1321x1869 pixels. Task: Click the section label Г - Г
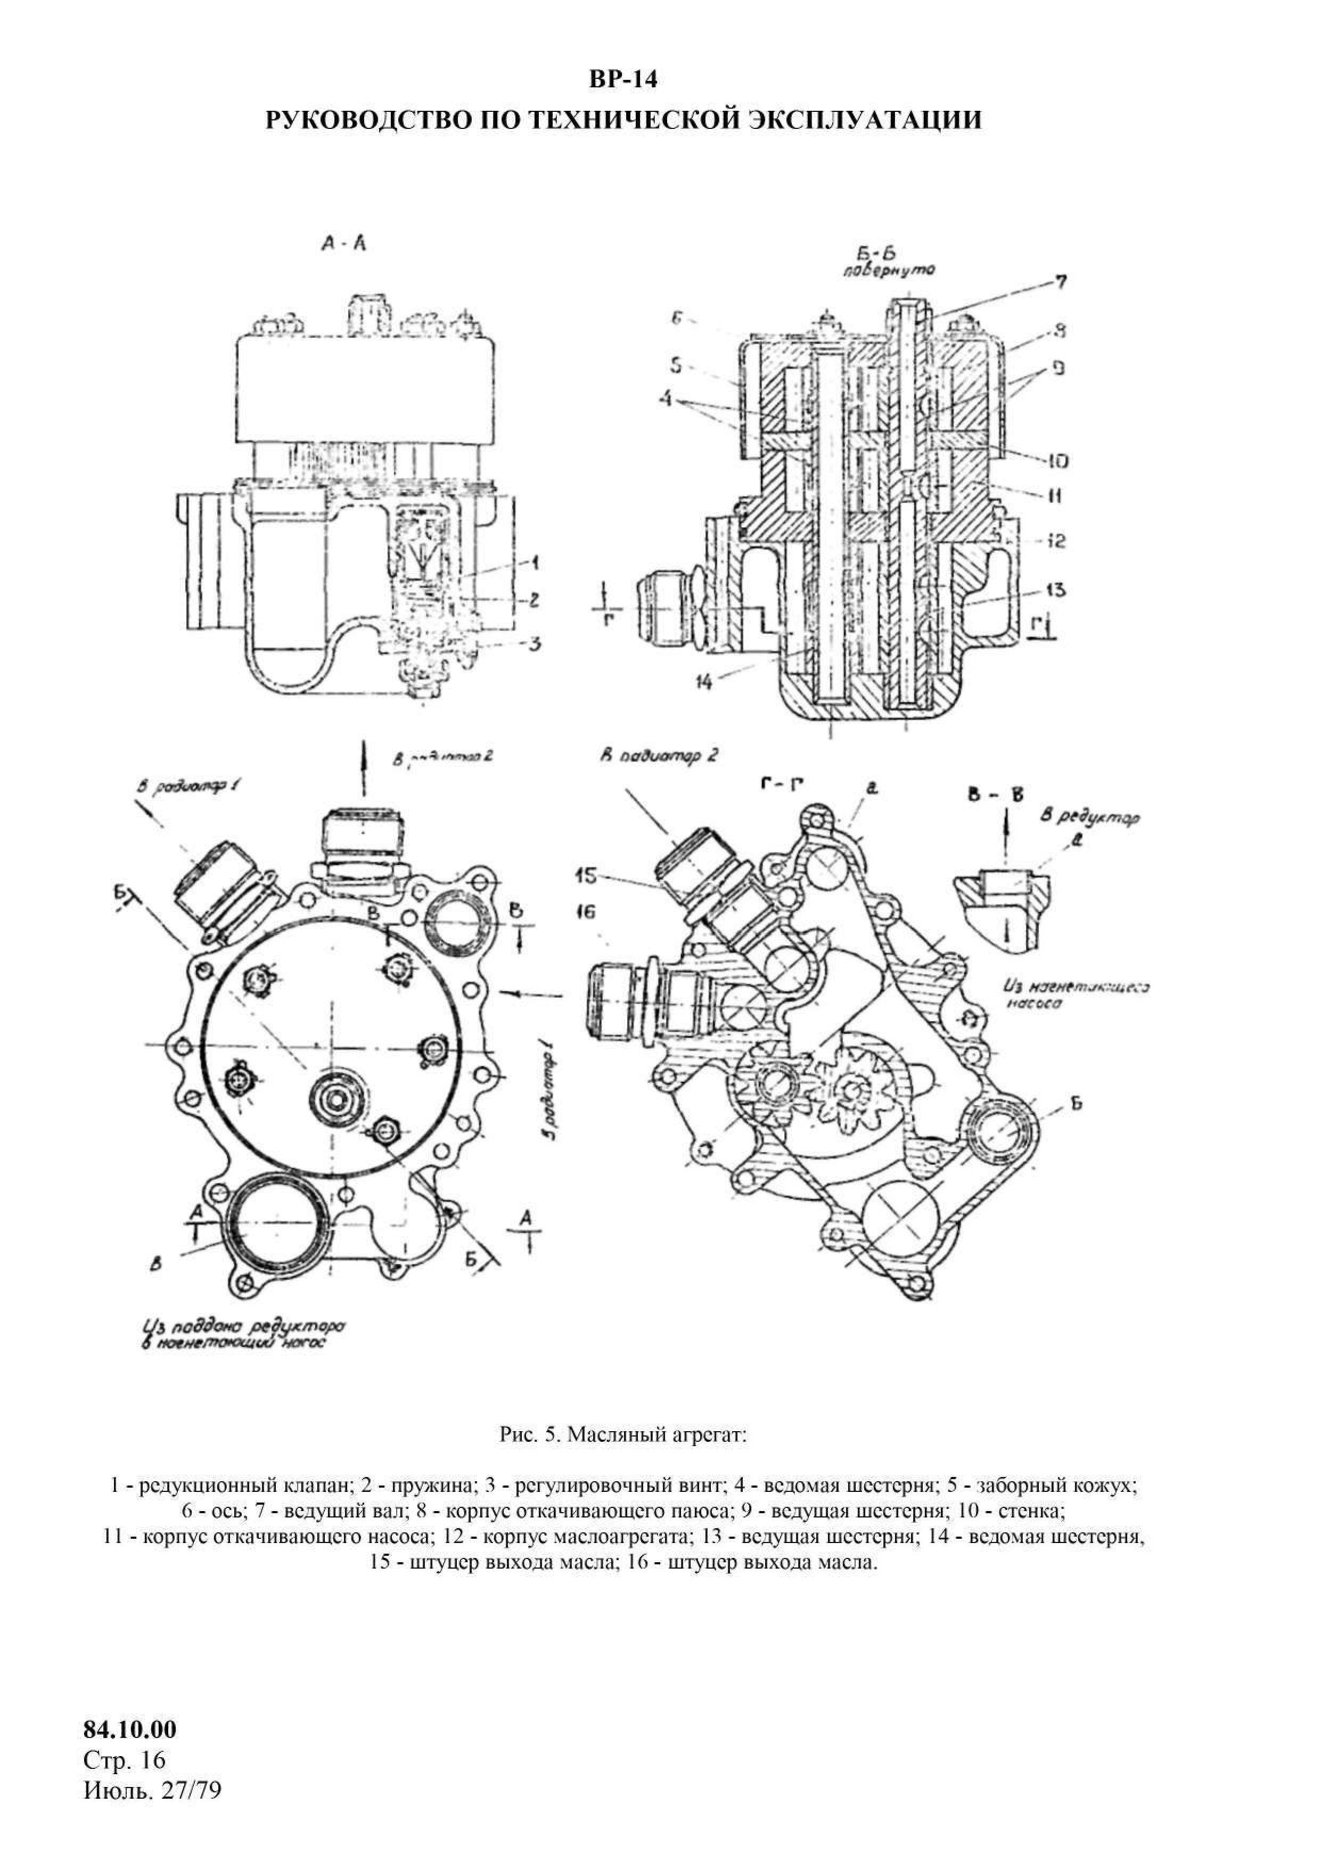click(777, 784)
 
